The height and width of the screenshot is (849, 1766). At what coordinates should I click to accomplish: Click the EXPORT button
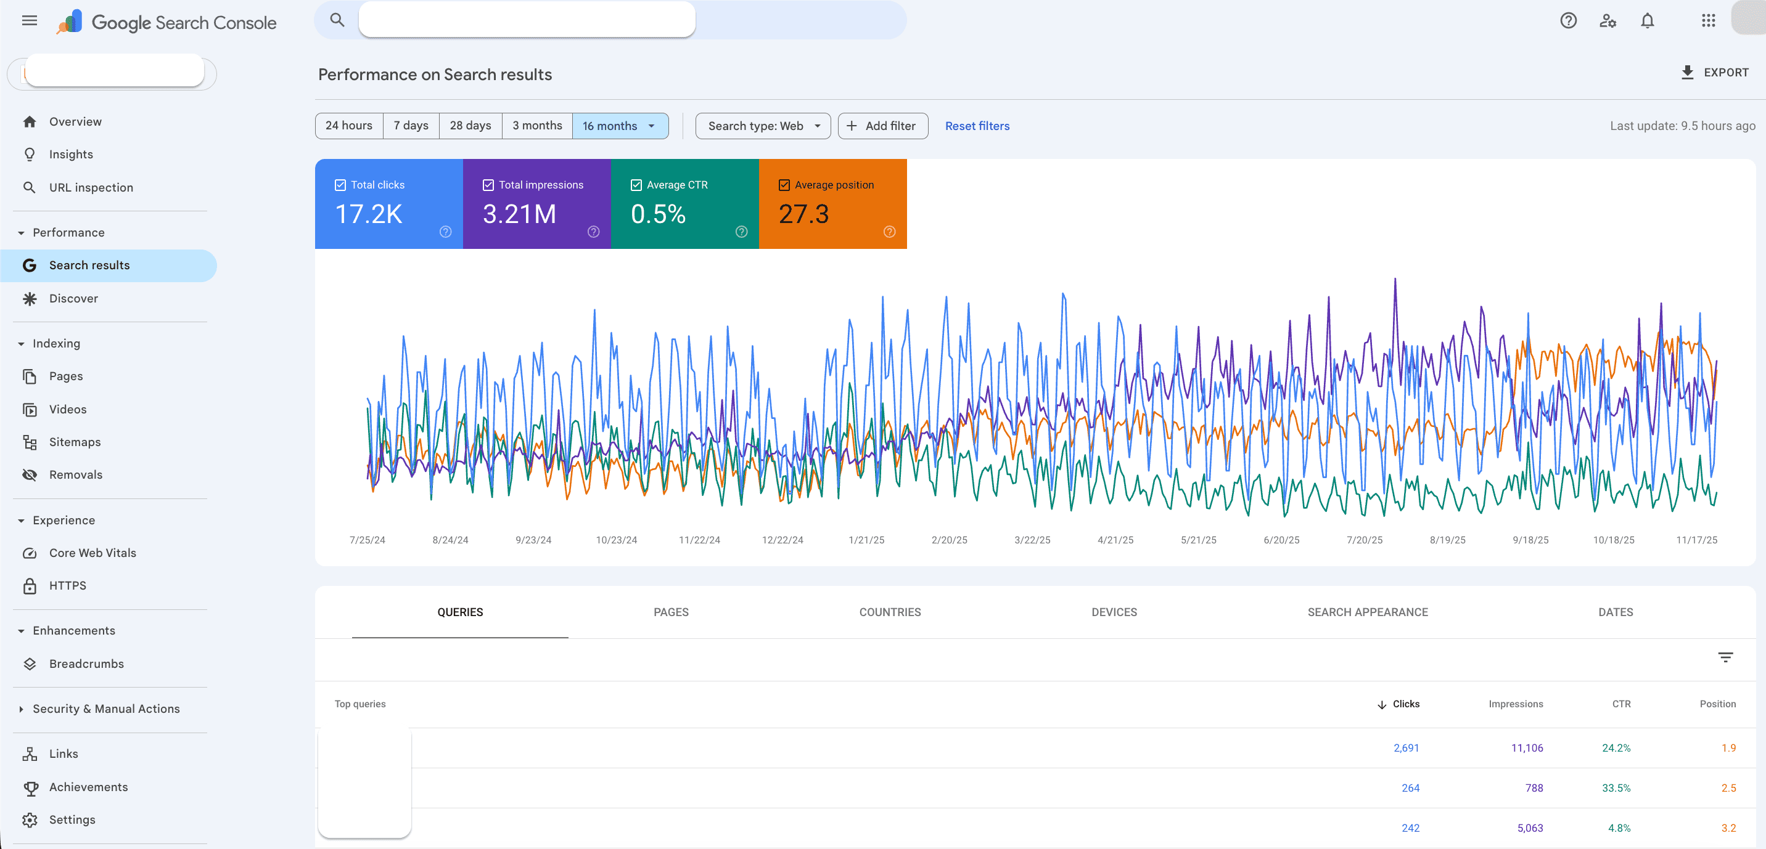click(x=1715, y=73)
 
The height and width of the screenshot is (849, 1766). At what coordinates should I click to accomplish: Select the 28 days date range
click(x=470, y=126)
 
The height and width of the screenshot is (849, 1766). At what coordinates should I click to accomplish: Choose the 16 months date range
click(x=610, y=126)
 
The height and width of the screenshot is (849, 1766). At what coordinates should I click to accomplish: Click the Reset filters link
click(x=977, y=126)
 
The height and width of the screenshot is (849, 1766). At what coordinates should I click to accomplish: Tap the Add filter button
click(x=882, y=126)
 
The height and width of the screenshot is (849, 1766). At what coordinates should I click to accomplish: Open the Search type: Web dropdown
click(x=763, y=126)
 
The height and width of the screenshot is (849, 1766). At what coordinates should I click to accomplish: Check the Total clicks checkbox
click(x=340, y=185)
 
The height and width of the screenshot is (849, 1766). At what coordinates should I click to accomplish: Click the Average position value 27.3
click(x=803, y=214)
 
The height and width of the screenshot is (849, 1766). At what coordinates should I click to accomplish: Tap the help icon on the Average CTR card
click(x=741, y=232)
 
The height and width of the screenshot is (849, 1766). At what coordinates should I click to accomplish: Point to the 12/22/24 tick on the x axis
click(x=782, y=540)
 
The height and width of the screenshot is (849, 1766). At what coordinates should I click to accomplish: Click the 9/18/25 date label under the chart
click(x=1530, y=540)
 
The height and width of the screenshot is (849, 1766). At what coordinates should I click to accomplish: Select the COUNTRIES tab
click(x=890, y=612)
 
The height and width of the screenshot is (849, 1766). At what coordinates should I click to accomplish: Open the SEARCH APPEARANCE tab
click(x=1367, y=612)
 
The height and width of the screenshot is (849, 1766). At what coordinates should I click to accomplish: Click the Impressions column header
click(x=1515, y=704)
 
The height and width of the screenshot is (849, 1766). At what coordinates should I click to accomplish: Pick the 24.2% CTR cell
click(x=1616, y=747)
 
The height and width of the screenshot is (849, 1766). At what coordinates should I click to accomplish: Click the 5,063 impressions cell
click(x=1529, y=828)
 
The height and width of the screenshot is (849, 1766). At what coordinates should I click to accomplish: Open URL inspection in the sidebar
click(x=91, y=188)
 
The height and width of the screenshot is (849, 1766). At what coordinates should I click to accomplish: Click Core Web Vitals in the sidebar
click(x=92, y=553)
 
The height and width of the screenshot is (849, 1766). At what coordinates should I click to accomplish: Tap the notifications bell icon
click(x=1648, y=21)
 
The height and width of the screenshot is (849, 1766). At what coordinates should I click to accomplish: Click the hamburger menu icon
click(x=30, y=21)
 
